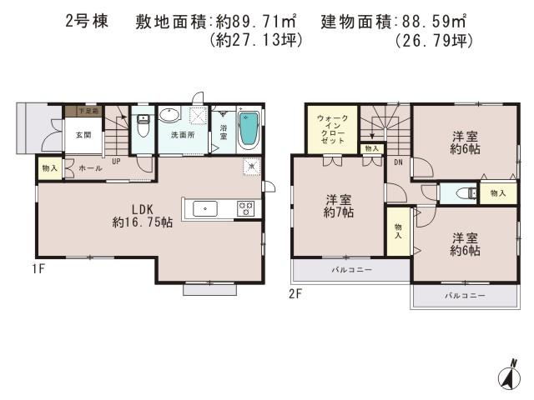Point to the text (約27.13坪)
[x=256, y=39]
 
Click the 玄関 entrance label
[x=61, y=135]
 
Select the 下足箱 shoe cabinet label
[x=88, y=110]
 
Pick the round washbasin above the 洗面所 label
[x=171, y=117]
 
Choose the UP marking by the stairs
[x=115, y=162]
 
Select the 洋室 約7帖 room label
[x=339, y=206]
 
